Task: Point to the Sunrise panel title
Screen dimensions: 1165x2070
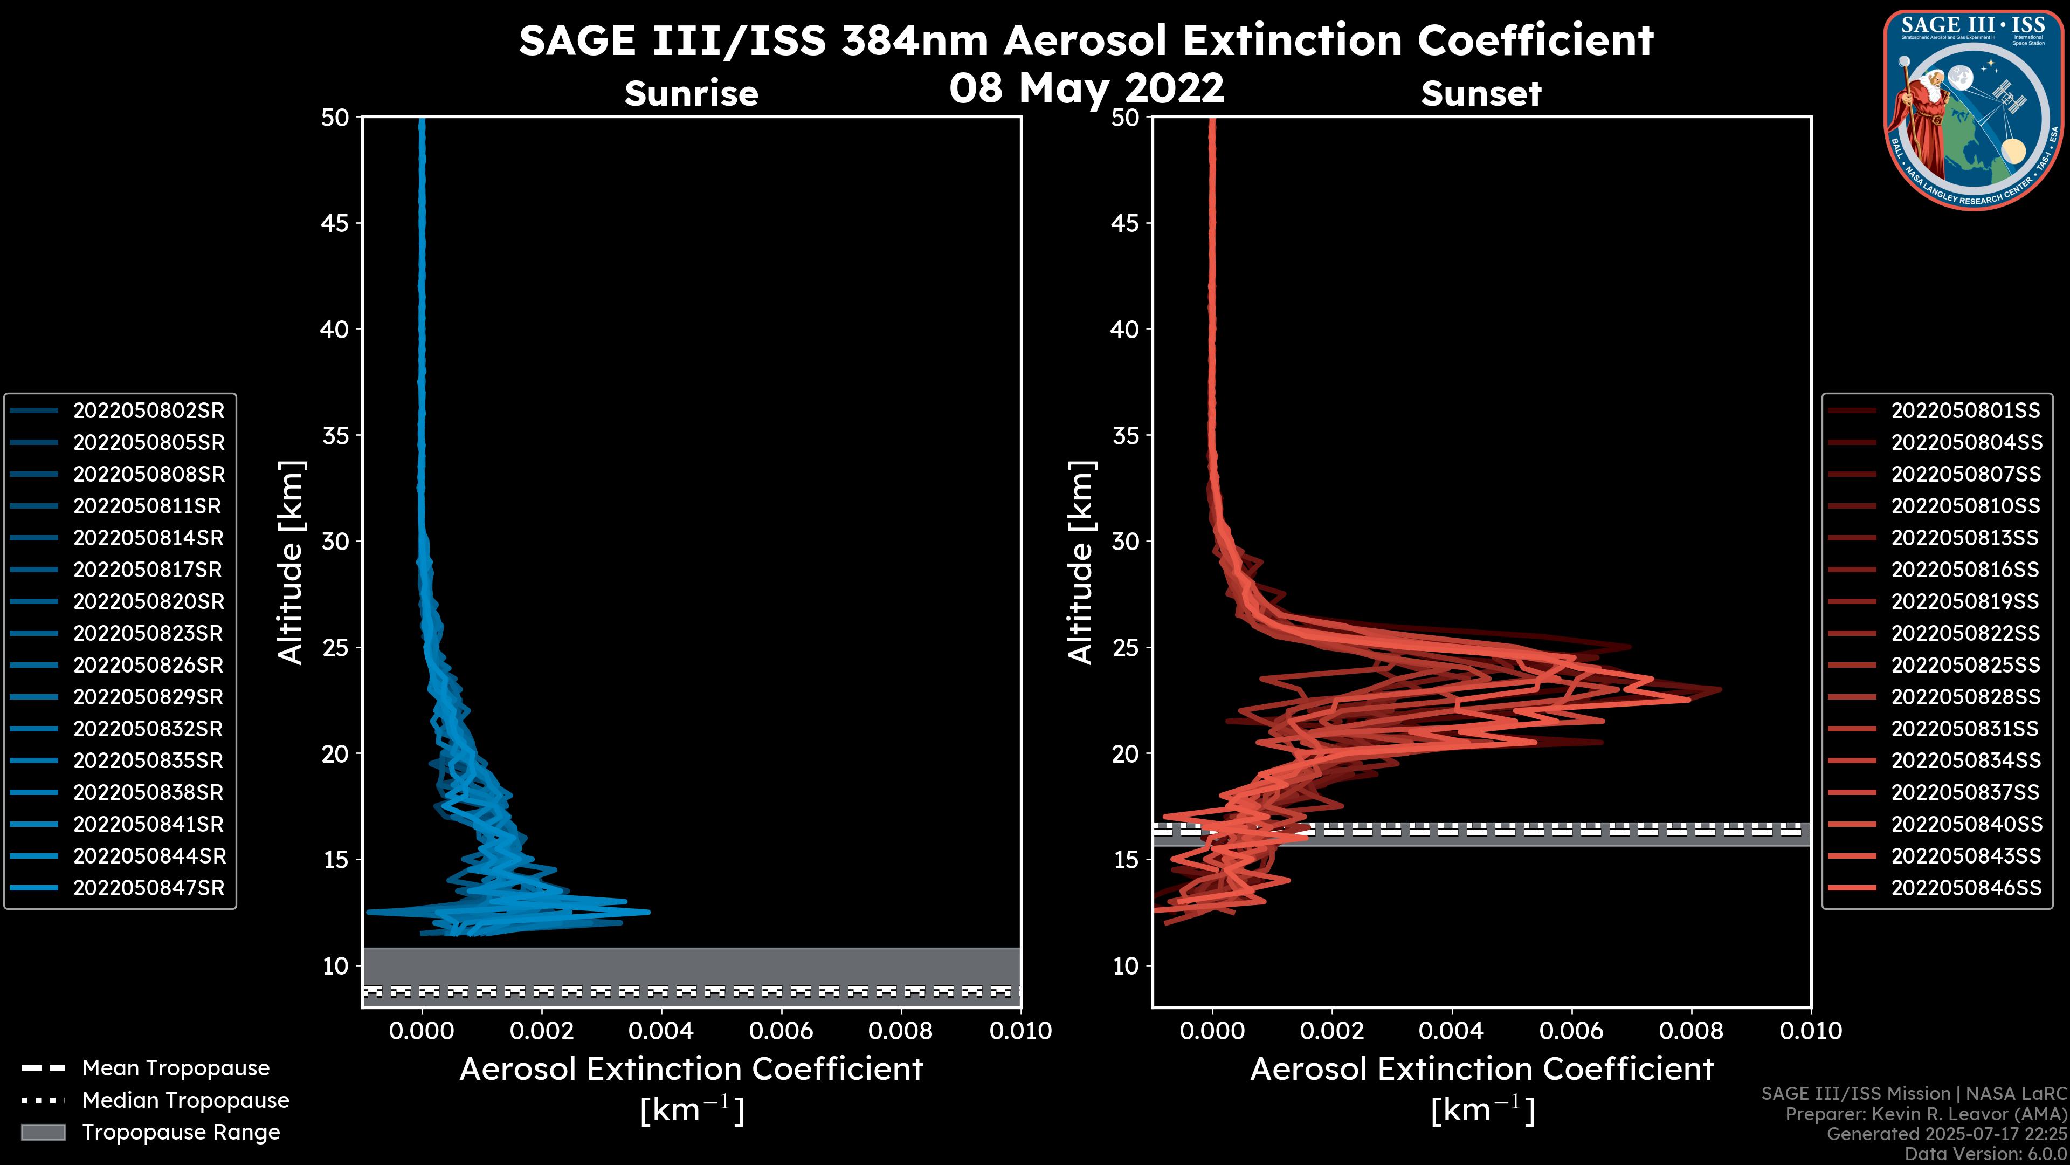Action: [691, 93]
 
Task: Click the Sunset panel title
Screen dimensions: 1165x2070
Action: [1481, 93]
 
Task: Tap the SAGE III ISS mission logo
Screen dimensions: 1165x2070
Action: [1973, 109]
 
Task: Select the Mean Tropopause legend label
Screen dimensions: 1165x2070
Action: [176, 1068]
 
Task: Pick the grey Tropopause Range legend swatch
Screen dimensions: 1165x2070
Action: [43, 1133]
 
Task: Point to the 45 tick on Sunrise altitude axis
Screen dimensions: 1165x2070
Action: [336, 223]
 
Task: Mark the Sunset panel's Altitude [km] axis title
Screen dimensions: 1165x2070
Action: [1081, 563]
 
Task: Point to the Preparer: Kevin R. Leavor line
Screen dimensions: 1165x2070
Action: [1926, 1114]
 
